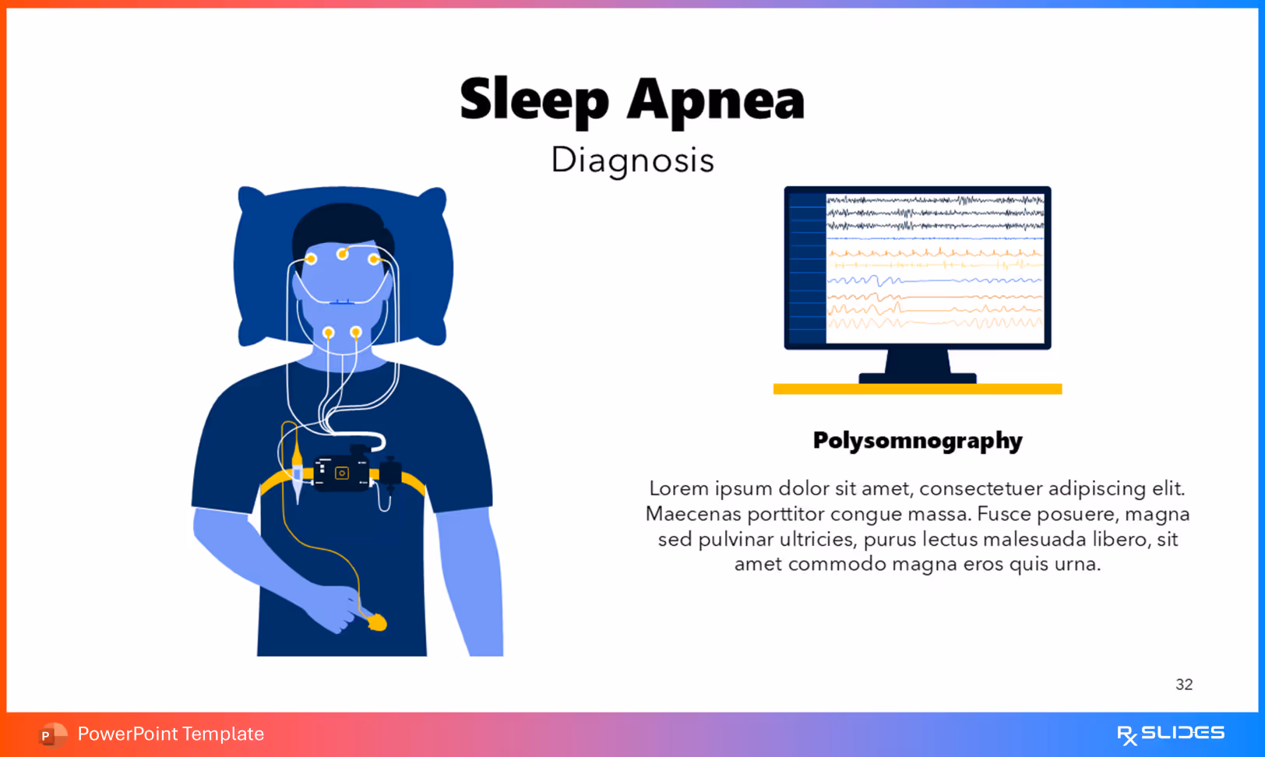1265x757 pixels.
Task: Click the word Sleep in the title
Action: (534, 100)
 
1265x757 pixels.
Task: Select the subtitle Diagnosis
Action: (632, 160)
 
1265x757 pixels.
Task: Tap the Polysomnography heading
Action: (917, 441)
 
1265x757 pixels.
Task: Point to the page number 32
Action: (1183, 685)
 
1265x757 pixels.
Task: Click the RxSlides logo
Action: (1170, 734)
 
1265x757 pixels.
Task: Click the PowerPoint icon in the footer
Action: (51, 734)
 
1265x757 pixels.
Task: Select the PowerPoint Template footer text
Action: (171, 734)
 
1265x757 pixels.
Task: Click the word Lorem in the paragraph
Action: (678, 488)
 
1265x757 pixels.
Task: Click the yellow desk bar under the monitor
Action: (917, 389)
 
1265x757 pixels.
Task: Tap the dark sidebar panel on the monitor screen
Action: (806, 268)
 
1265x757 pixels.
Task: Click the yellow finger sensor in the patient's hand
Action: (377, 621)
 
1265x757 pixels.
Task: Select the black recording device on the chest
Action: (342, 472)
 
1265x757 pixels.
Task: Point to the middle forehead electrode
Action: (342, 254)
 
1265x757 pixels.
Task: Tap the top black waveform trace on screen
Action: (935, 200)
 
